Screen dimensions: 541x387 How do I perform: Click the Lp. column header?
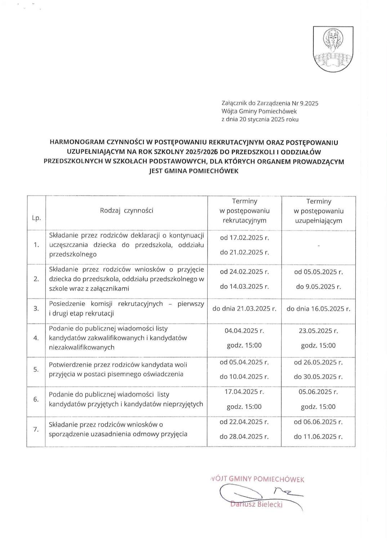(36, 218)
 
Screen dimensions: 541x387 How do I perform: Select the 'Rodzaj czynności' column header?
(126, 210)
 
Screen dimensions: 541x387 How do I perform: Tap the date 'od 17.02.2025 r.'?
(244, 238)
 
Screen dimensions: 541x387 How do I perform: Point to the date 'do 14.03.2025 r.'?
(244, 287)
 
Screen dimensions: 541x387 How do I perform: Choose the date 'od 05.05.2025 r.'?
(318, 272)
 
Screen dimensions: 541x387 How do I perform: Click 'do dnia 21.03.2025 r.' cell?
(244, 309)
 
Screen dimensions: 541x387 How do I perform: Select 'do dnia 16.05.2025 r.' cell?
(318, 309)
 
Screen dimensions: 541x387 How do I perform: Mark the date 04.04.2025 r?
(244, 331)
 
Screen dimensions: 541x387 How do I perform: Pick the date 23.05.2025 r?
(318, 331)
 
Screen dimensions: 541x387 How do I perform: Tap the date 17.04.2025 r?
(244, 391)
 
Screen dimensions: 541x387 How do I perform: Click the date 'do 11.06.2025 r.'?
(318, 437)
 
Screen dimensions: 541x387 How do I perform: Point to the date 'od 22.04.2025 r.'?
(244, 422)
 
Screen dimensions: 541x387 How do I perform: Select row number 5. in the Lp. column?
(36, 369)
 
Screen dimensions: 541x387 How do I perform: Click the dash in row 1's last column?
(319, 246)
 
